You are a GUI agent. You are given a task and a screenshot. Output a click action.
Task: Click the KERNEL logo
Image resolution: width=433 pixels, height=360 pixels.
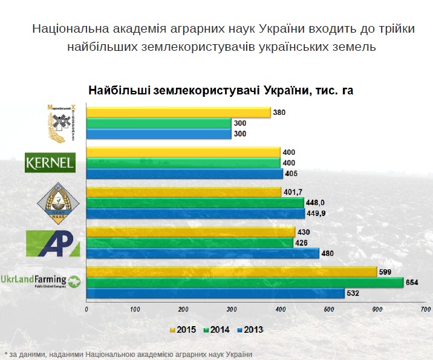tap(50, 162)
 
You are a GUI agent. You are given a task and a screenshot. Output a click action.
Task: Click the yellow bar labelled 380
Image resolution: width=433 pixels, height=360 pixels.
tap(178, 112)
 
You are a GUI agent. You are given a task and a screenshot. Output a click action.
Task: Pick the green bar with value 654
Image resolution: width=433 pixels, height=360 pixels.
tap(245, 282)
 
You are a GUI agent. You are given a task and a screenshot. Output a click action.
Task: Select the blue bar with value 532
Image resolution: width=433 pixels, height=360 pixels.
tap(216, 293)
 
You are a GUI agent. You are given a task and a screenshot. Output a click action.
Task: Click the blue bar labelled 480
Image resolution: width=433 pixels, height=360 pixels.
tap(203, 254)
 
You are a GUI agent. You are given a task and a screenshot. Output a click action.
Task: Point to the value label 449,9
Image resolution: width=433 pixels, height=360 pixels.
tap(316, 213)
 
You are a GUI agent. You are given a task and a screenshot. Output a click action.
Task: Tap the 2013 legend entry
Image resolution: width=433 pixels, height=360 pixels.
tap(252, 330)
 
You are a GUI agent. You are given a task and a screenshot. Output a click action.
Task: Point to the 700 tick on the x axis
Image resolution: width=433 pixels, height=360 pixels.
tap(425, 309)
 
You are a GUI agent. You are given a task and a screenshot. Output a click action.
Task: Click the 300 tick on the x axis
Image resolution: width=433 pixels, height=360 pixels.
tap(232, 309)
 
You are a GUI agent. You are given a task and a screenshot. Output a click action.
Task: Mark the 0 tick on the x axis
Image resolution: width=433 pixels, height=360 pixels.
tap(87, 309)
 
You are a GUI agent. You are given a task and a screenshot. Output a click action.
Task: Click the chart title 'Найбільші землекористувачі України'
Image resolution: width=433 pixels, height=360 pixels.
tap(220, 91)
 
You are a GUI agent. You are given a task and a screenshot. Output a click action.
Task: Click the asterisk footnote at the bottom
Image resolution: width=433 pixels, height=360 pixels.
tap(128, 354)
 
